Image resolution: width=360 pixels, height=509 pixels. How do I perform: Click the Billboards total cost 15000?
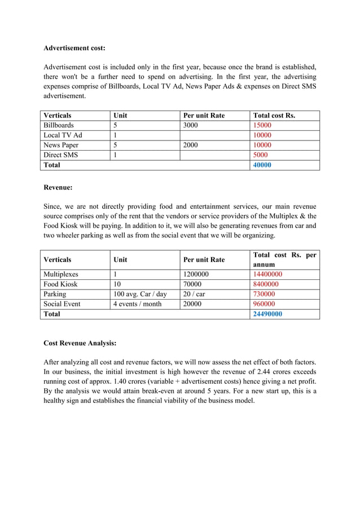(x=262, y=125)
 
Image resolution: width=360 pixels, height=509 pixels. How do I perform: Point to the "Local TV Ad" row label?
(x=63, y=135)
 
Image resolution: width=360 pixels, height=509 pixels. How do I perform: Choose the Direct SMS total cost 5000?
(x=261, y=155)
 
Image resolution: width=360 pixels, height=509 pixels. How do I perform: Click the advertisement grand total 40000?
(x=262, y=165)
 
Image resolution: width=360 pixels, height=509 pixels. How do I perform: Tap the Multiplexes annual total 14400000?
(x=268, y=274)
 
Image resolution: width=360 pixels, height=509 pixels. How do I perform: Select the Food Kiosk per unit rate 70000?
(x=193, y=284)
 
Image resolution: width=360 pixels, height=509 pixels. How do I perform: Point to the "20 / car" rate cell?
(x=195, y=294)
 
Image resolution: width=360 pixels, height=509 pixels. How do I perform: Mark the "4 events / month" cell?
(x=137, y=304)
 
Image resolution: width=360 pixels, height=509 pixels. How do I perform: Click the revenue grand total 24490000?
(x=268, y=314)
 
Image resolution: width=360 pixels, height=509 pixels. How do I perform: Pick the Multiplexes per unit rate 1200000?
(x=196, y=274)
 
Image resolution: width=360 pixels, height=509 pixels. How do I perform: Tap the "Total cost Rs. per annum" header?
(x=285, y=260)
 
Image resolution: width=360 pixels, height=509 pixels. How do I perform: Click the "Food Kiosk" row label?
(x=60, y=284)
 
